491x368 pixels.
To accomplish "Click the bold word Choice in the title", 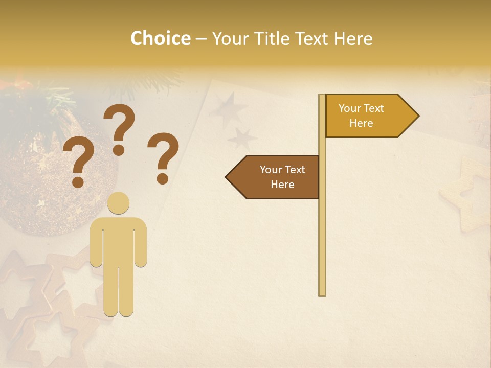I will click(160, 39).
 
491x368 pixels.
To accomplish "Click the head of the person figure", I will click(119, 203).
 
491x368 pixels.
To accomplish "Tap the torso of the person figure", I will click(119, 240).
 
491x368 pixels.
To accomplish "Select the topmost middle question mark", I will click(119, 128).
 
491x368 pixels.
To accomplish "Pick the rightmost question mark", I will click(164, 157).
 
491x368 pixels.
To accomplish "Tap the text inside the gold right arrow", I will click(361, 116).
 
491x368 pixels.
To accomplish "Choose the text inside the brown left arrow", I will click(282, 177).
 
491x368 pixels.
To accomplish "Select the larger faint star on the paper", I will click(229, 109).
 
